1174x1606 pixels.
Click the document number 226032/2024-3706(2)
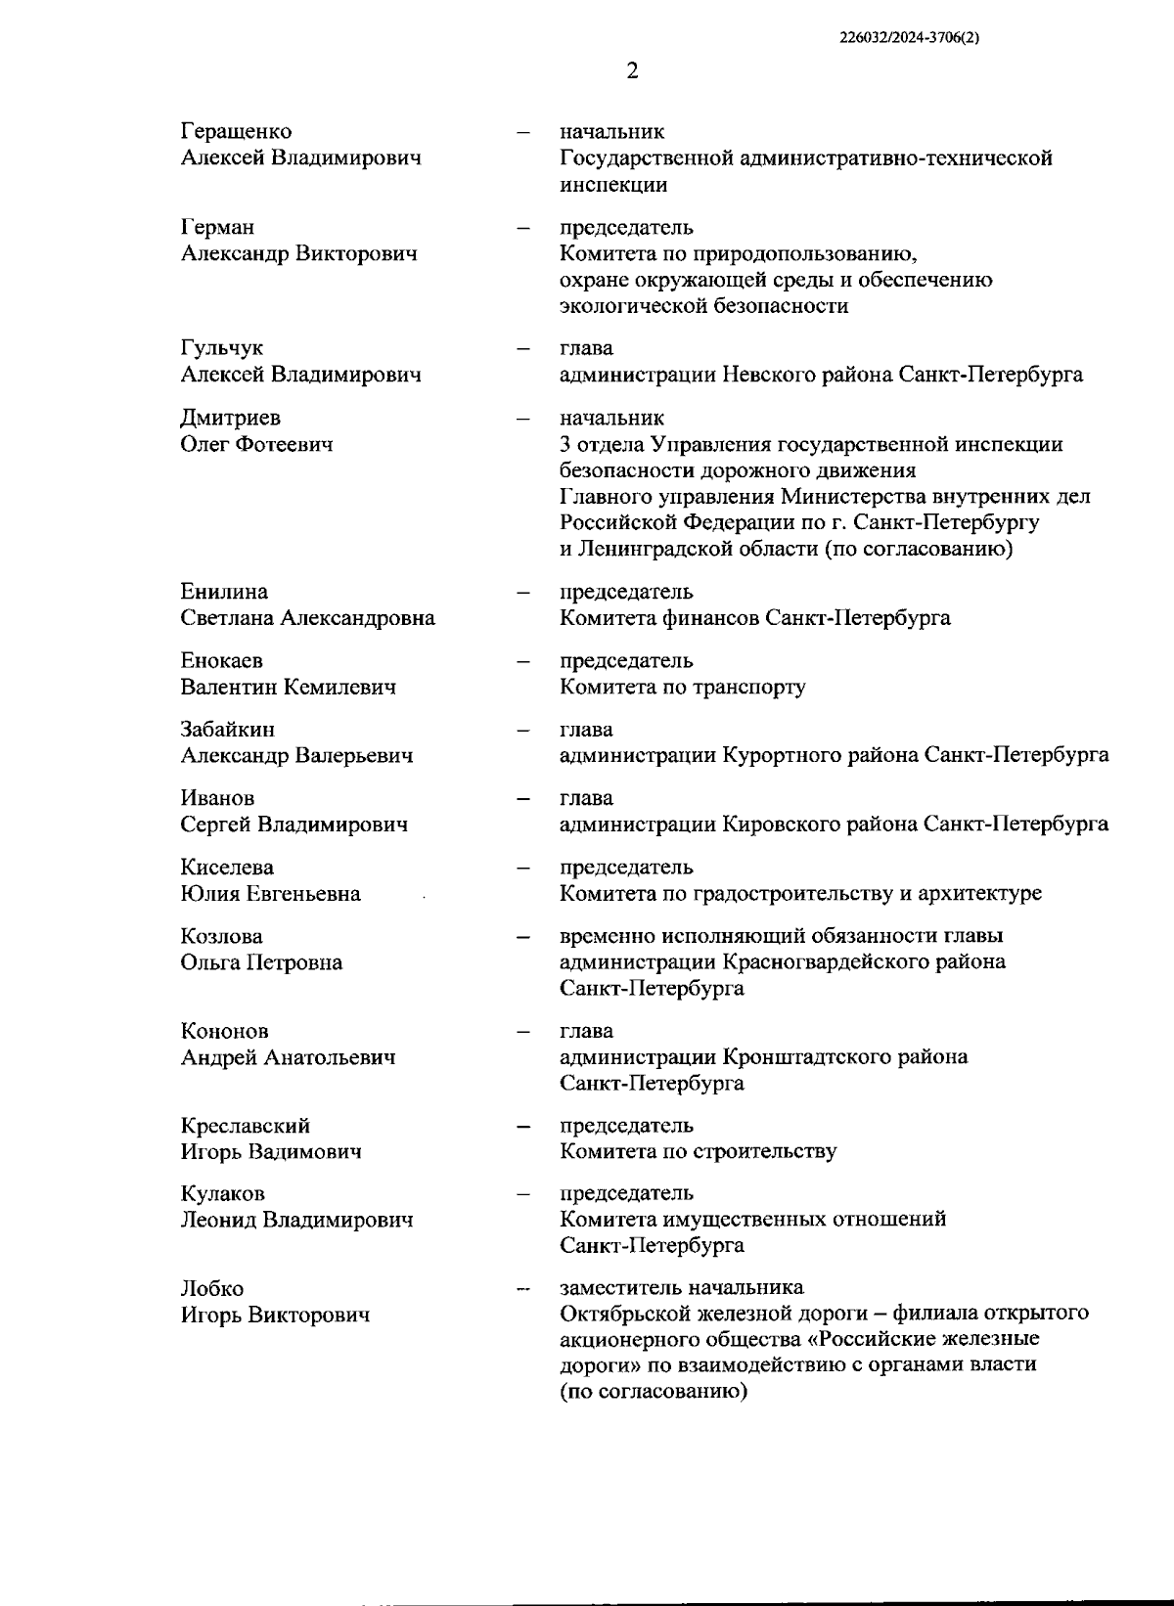coord(909,39)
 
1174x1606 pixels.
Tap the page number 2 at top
coord(632,71)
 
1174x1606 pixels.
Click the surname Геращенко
coord(236,131)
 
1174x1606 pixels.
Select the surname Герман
coord(217,227)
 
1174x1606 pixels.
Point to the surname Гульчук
coord(221,348)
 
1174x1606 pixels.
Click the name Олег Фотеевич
coord(256,444)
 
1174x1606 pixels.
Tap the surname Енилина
coord(224,592)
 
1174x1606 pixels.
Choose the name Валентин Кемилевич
coord(288,687)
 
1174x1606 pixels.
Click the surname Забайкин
coord(227,730)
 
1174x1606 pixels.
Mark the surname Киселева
coord(227,868)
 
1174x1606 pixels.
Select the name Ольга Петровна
coord(261,962)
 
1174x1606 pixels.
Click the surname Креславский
coord(245,1126)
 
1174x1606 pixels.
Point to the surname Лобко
coord(211,1289)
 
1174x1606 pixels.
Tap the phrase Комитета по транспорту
coord(683,687)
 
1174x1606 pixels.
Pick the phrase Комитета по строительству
coord(698,1151)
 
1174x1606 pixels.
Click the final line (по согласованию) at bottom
coord(654,1391)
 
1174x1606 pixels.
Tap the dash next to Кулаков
coord(524,1194)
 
